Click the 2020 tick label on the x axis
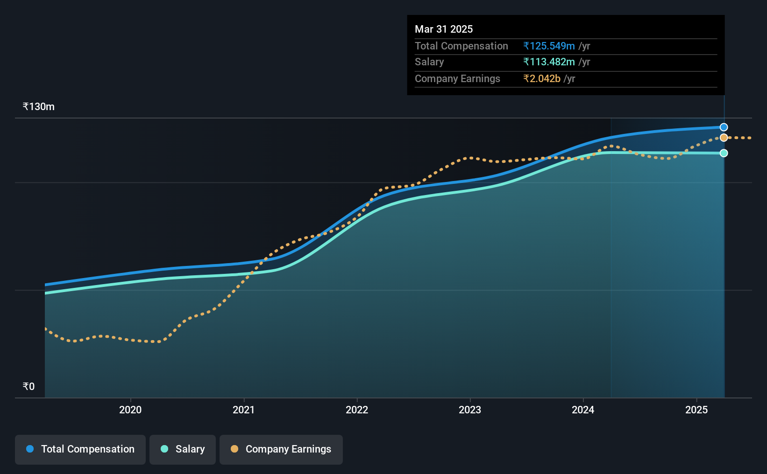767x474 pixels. tap(130, 410)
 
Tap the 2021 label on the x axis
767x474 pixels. tap(243, 410)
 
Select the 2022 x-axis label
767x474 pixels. tap(357, 410)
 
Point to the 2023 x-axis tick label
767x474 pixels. tap(470, 410)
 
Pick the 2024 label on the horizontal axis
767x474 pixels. tap(583, 410)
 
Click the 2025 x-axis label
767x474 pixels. tap(696, 410)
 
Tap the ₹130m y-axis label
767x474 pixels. tap(38, 107)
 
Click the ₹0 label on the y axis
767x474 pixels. tap(29, 386)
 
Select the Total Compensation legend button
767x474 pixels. tap(80, 449)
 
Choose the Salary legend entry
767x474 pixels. tap(183, 449)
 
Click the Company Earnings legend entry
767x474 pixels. tap(281, 449)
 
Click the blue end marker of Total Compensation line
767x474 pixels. tap(724, 127)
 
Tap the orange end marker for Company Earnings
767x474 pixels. tap(724, 138)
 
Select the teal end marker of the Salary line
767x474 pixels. tap(724, 153)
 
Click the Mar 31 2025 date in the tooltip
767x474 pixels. tap(443, 29)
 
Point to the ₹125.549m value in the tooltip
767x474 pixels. tap(549, 46)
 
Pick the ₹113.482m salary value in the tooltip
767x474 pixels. tap(549, 62)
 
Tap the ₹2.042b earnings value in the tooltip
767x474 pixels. tap(542, 79)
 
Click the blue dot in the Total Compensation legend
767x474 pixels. tap(30, 449)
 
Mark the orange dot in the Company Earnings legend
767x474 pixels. tap(234, 449)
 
